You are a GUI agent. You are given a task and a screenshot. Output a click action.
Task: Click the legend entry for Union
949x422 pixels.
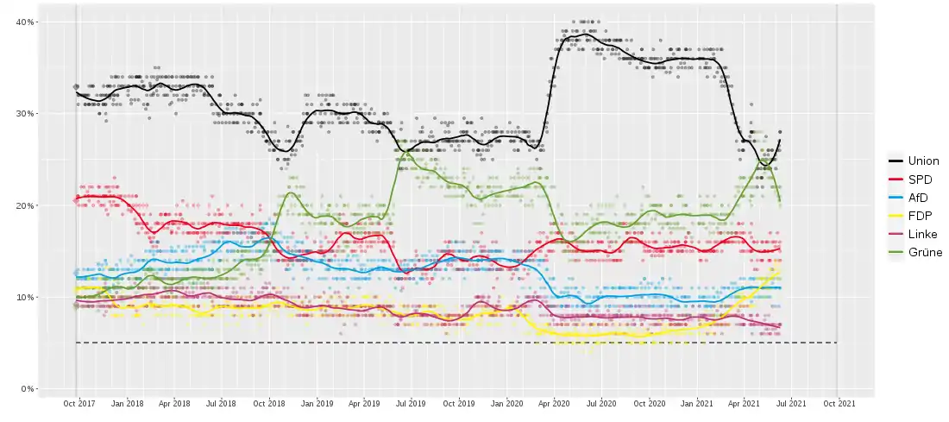point(922,161)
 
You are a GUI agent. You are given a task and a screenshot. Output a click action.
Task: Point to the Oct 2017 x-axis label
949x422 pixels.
point(79,404)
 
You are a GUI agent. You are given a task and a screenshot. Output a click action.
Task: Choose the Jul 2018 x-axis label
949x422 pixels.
point(222,404)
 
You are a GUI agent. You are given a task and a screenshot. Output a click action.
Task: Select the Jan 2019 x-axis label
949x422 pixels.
point(317,404)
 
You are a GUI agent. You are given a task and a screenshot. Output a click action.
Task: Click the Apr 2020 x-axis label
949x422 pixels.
point(554,404)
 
